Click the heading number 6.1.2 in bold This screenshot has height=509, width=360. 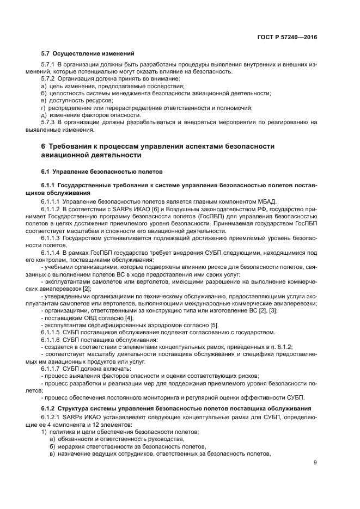(x=50, y=408)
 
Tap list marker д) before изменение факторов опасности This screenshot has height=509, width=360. (x=45, y=115)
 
